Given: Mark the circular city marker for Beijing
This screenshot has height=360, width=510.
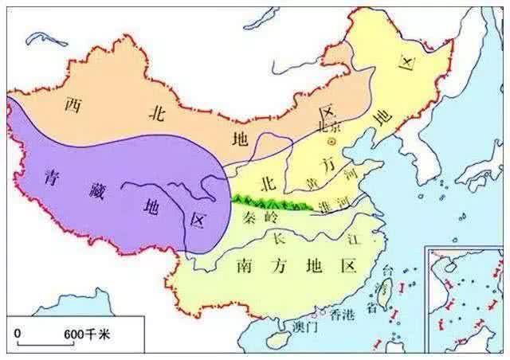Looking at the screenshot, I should coord(333,141).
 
